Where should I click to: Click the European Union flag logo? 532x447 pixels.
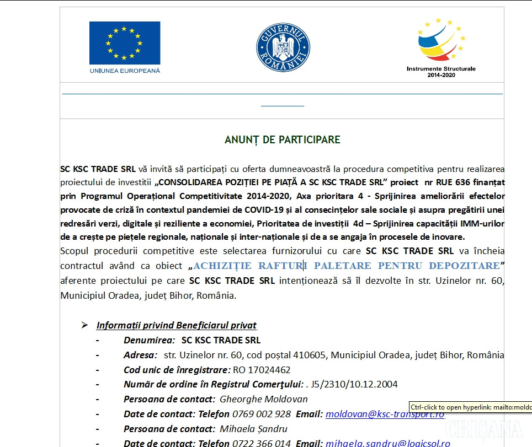pos(124,43)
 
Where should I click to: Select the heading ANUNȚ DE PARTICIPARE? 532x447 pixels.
pos(282,140)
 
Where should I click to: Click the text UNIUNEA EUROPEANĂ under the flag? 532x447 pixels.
pos(124,71)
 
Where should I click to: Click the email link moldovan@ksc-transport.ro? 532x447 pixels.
pos(385,414)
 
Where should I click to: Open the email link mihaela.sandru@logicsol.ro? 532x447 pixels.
pos(387,443)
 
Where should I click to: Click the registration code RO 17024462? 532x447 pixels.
pos(262,370)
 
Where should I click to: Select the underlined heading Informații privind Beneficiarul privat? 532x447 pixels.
pos(177,325)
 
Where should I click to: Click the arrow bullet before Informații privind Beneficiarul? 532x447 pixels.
pos(84,325)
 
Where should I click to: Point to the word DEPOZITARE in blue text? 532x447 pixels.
pos(465,266)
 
